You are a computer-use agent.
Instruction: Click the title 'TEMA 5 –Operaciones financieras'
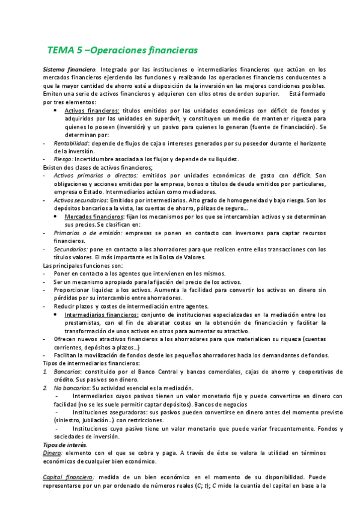[122, 49]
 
